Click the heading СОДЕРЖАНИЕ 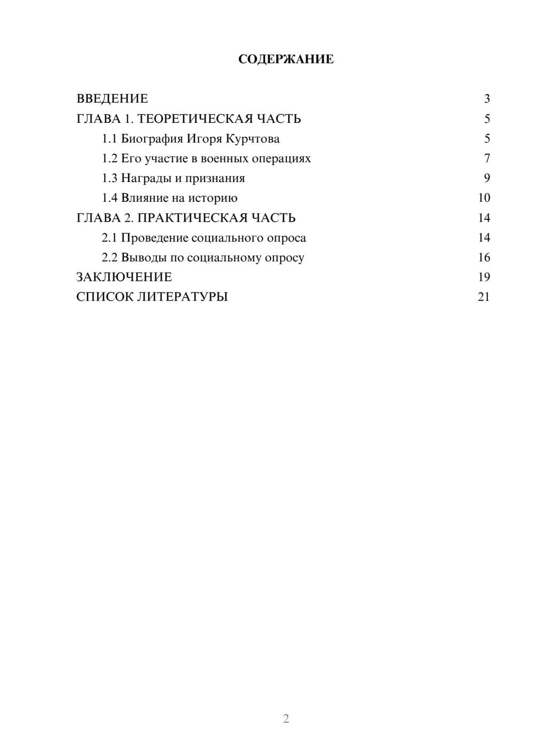[286, 59]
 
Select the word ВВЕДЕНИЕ [112, 99]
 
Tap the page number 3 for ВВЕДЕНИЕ [486, 99]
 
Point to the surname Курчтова [253, 139]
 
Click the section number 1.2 [109, 159]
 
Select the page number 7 [486, 159]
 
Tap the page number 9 [486, 178]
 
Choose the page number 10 [484, 198]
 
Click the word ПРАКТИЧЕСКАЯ [190, 218]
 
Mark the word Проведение [154, 238]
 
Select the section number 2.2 [109, 257]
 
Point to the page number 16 [484, 257]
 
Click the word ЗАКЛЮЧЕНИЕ [124, 277]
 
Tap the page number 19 [484, 277]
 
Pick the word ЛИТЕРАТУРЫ [183, 297]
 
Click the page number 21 [484, 297]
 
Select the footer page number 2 [286, 719]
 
